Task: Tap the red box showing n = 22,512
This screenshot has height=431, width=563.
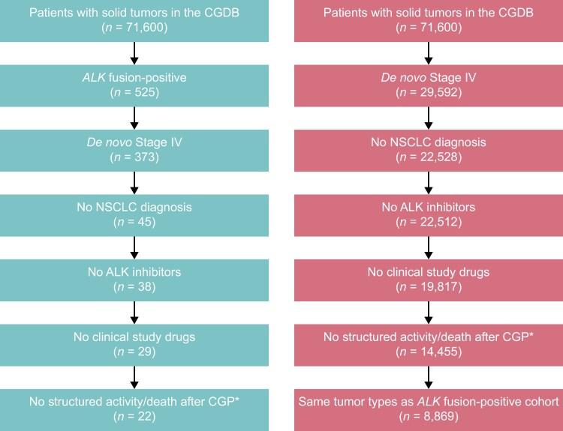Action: click(429, 214)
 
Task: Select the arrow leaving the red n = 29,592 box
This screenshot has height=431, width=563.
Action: click(429, 115)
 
